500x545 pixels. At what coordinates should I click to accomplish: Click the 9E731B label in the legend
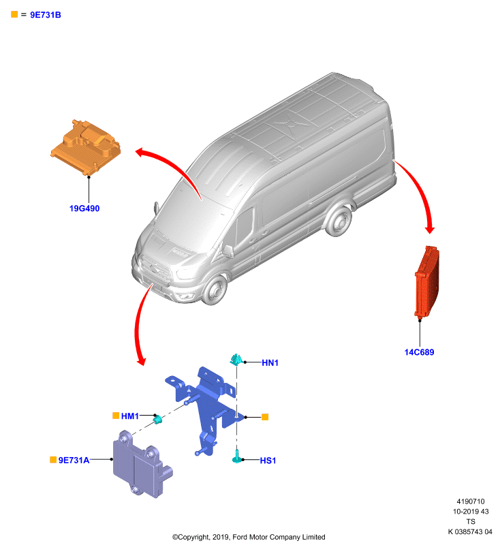(x=46, y=15)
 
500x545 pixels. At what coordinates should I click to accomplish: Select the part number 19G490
(x=84, y=208)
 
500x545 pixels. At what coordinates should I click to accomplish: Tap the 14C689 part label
(x=419, y=352)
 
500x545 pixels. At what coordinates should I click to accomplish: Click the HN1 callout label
(x=270, y=363)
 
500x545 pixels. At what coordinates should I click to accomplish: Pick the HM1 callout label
(x=130, y=416)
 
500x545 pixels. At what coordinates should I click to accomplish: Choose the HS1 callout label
(x=268, y=461)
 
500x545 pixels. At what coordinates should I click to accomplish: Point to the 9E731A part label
(x=74, y=461)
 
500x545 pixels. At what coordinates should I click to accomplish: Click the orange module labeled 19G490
(x=86, y=147)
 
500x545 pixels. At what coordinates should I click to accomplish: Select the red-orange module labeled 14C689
(x=426, y=281)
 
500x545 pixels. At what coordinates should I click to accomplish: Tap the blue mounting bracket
(x=205, y=407)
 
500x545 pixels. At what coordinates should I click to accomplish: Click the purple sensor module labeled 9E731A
(x=141, y=465)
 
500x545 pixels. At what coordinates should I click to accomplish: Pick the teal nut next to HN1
(x=236, y=360)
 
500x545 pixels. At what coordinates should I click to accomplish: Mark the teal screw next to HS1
(x=236, y=456)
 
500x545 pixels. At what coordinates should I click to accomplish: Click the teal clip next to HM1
(x=158, y=420)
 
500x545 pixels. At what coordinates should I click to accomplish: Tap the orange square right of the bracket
(x=265, y=417)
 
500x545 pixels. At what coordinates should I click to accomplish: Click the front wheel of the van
(x=214, y=289)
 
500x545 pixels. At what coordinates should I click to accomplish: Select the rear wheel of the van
(x=339, y=221)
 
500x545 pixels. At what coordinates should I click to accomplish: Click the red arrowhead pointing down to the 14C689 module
(x=430, y=230)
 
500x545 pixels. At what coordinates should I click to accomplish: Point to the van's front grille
(x=155, y=269)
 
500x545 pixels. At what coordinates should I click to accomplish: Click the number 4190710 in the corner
(x=471, y=501)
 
